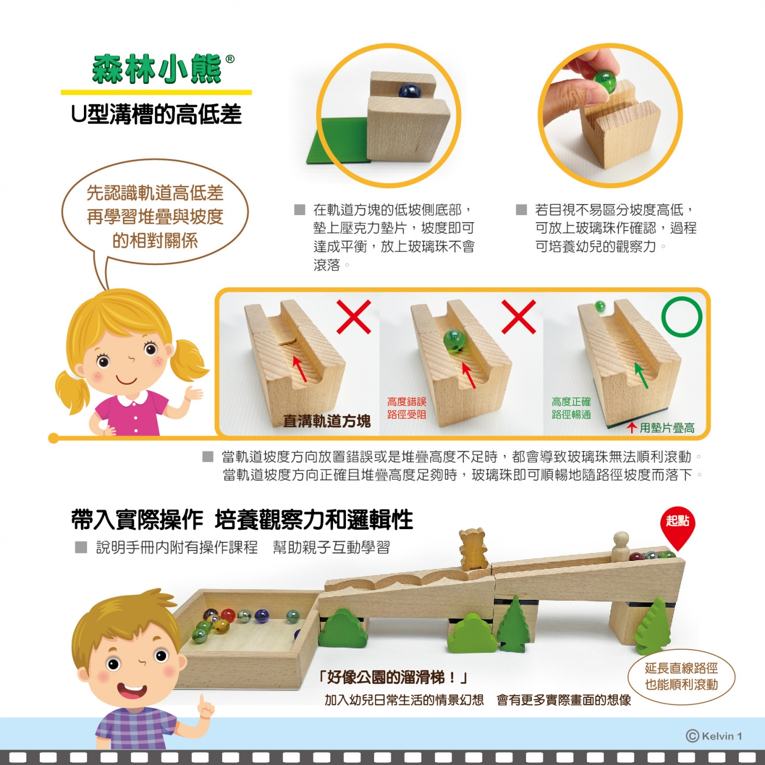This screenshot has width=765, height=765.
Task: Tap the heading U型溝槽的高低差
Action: click(x=156, y=114)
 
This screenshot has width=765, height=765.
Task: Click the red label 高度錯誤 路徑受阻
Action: click(x=406, y=409)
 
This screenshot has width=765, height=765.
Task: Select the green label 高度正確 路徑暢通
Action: click(x=571, y=409)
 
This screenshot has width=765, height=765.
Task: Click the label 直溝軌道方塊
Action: click(x=327, y=421)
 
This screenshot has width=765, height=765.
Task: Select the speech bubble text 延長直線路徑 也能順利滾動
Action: click(x=681, y=676)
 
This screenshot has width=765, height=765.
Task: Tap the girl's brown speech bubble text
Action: click(x=155, y=217)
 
